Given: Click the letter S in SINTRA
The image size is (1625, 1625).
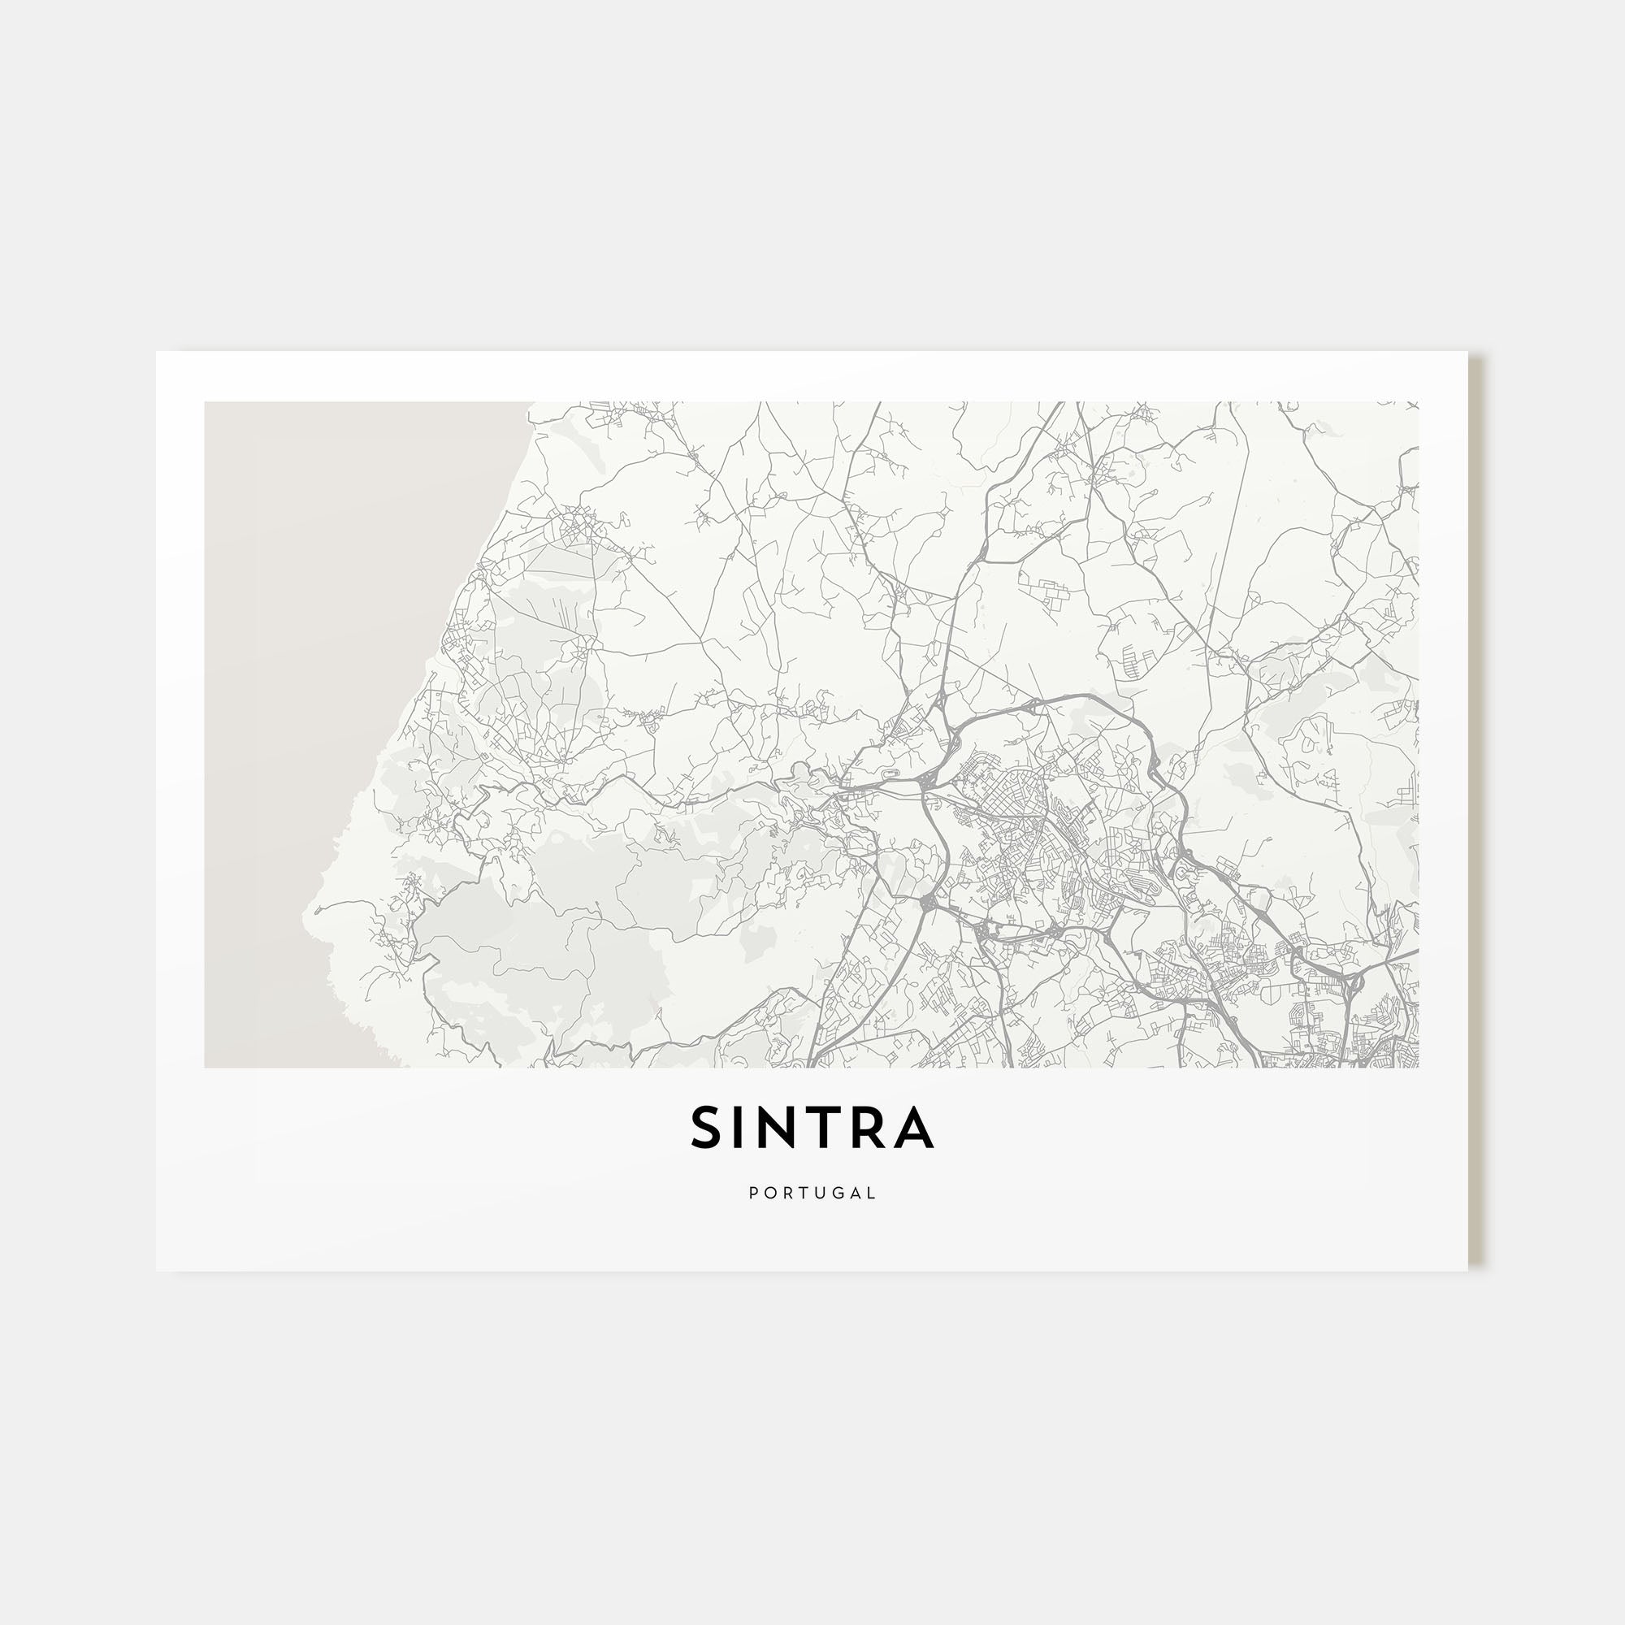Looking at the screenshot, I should click(704, 1127).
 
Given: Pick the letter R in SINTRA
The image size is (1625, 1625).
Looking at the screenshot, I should click(872, 1127).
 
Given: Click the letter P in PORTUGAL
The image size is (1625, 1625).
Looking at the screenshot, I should click(753, 1193).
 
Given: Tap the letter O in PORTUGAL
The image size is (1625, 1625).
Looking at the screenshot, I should click(769, 1193).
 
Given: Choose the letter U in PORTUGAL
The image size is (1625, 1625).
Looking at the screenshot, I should click(821, 1193).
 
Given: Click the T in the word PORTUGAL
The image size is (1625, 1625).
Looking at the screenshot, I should click(804, 1193).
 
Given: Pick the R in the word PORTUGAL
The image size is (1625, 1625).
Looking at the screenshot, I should click(787, 1193).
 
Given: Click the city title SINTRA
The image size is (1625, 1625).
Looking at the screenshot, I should click(812, 1127).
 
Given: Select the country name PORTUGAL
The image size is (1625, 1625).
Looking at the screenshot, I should click(812, 1193).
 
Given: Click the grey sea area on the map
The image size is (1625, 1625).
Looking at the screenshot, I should click(336, 673).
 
